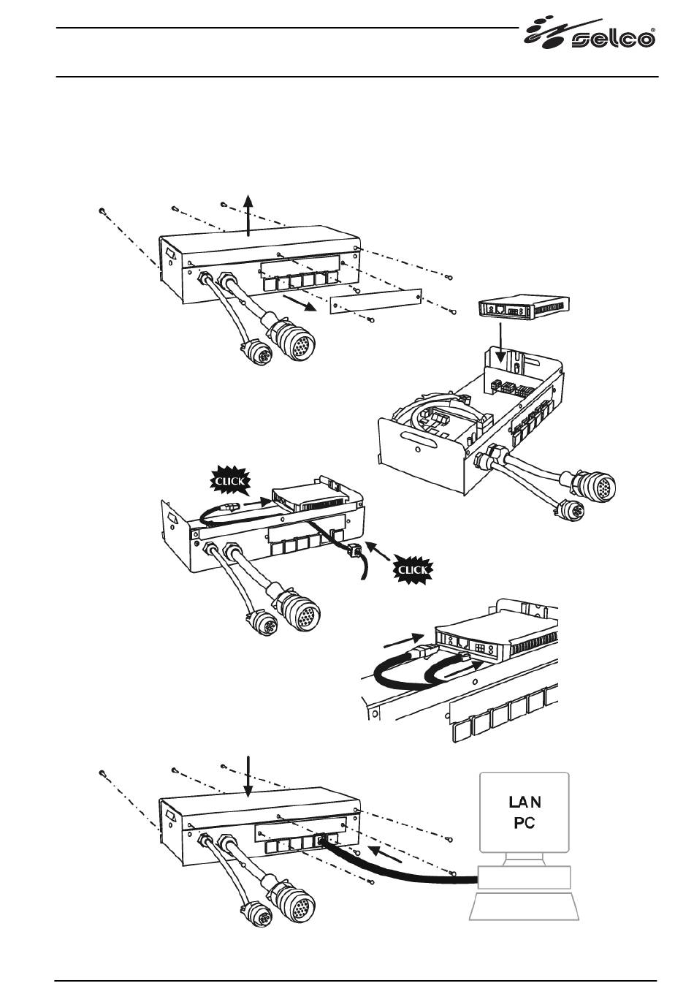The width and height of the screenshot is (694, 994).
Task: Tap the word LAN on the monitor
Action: [x=525, y=802]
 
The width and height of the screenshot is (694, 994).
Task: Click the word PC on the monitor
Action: [x=525, y=823]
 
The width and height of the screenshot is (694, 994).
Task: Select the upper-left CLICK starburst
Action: [x=230, y=481]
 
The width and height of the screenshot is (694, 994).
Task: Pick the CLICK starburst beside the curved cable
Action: [x=413, y=569]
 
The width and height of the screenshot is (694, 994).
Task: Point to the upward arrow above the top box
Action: [x=249, y=215]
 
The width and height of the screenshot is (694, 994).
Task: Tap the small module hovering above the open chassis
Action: [x=522, y=308]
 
